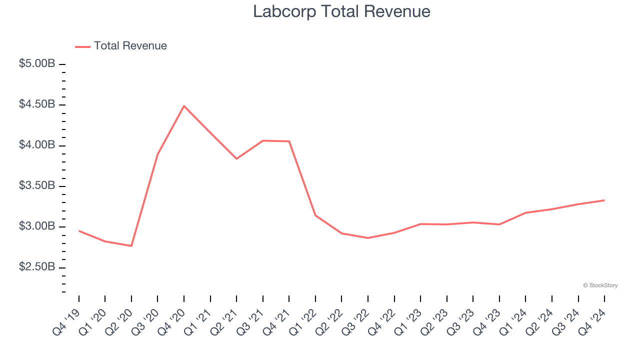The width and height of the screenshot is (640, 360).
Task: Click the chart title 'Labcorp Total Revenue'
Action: pyautogui.click(x=341, y=11)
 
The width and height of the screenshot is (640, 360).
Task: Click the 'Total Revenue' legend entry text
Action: pyautogui.click(x=130, y=46)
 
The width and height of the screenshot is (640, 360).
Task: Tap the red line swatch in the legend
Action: pyautogui.click(x=82, y=46)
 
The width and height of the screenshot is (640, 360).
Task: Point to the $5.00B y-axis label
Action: pyautogui.click(x=37, y=64)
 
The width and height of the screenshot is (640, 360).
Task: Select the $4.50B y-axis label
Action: pyautogui.click(x=37, y=104)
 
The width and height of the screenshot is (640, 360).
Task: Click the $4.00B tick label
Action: pyautogui.click(x=37, y=145)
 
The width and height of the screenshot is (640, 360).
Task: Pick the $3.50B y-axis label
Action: pyautogui.click(x=37, y=186)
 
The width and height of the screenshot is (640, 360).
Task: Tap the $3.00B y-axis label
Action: pyautogui.click(x=37, y=226)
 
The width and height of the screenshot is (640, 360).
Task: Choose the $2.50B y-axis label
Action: pyautogui.click(x=37, y=267)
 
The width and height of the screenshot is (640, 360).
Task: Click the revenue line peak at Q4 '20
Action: pyautogui.click(x=184, y=106)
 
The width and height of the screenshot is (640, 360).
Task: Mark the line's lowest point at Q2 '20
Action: pyautogui.click(x=131, y=245)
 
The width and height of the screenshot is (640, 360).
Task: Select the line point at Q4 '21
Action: pyautogui.click(x=289, y=141)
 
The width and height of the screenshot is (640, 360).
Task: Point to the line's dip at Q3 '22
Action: pyautogui.click(x=368, y=237)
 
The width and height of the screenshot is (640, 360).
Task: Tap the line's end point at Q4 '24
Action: pyautogui.click(x=604, y=200)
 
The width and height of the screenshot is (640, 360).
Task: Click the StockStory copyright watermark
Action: pyautogui.click(x=600, y=285)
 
